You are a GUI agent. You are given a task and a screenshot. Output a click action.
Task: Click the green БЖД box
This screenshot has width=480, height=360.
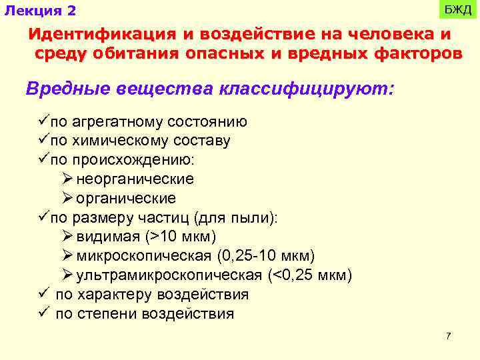coord(458,10)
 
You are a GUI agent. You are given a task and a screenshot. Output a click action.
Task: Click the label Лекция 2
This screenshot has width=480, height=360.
coord(40,11)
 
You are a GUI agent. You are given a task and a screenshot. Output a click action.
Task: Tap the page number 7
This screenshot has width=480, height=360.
coord(449,336)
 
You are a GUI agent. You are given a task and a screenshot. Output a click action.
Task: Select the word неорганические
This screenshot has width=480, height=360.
coord(135,180)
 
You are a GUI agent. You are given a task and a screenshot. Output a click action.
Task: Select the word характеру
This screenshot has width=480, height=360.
coord(114,295)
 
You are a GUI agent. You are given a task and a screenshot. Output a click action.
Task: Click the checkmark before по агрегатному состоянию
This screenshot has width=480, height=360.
coord(44,121)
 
